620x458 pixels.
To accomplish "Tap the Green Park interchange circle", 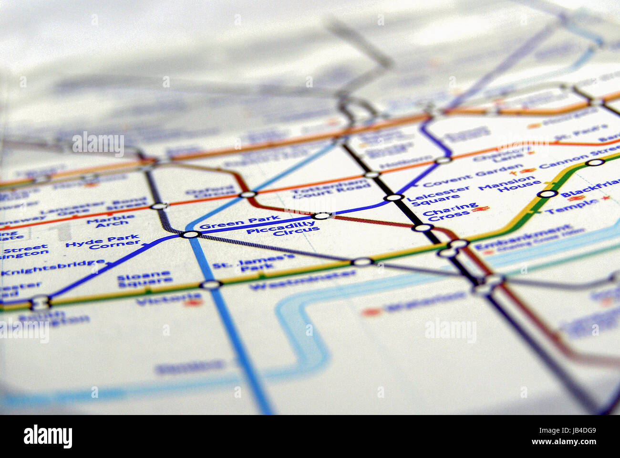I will pos(190,234).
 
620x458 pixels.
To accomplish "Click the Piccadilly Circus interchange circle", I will pos(323,216).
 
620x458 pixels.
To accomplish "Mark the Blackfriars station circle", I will pos(548,194).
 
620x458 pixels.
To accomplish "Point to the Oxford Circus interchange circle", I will pos(248,194).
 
